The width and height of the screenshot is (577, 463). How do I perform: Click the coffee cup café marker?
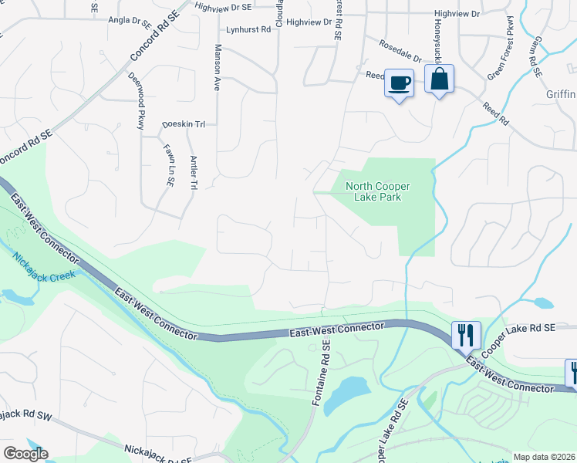click(399, 83)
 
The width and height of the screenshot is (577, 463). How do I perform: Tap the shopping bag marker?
click(439, 79)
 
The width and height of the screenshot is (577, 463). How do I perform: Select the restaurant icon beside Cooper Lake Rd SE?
click(466, 336)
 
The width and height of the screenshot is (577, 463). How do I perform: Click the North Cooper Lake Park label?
click(378, 191)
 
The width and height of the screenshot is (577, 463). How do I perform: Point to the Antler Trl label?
click(192, 169)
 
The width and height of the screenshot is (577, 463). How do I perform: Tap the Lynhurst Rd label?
click(249, 30)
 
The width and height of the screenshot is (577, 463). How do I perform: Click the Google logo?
click(25, 454)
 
